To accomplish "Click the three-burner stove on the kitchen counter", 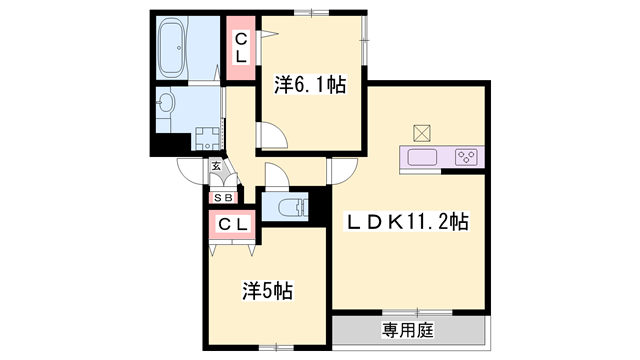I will tap(466, 156).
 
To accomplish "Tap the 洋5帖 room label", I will tap(268, 291).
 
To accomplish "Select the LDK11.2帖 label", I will tap(407, 222).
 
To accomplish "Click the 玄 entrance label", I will tap(215, 167).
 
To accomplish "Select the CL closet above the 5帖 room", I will tap(232, 224).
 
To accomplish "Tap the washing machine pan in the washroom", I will tap(207, 138).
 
